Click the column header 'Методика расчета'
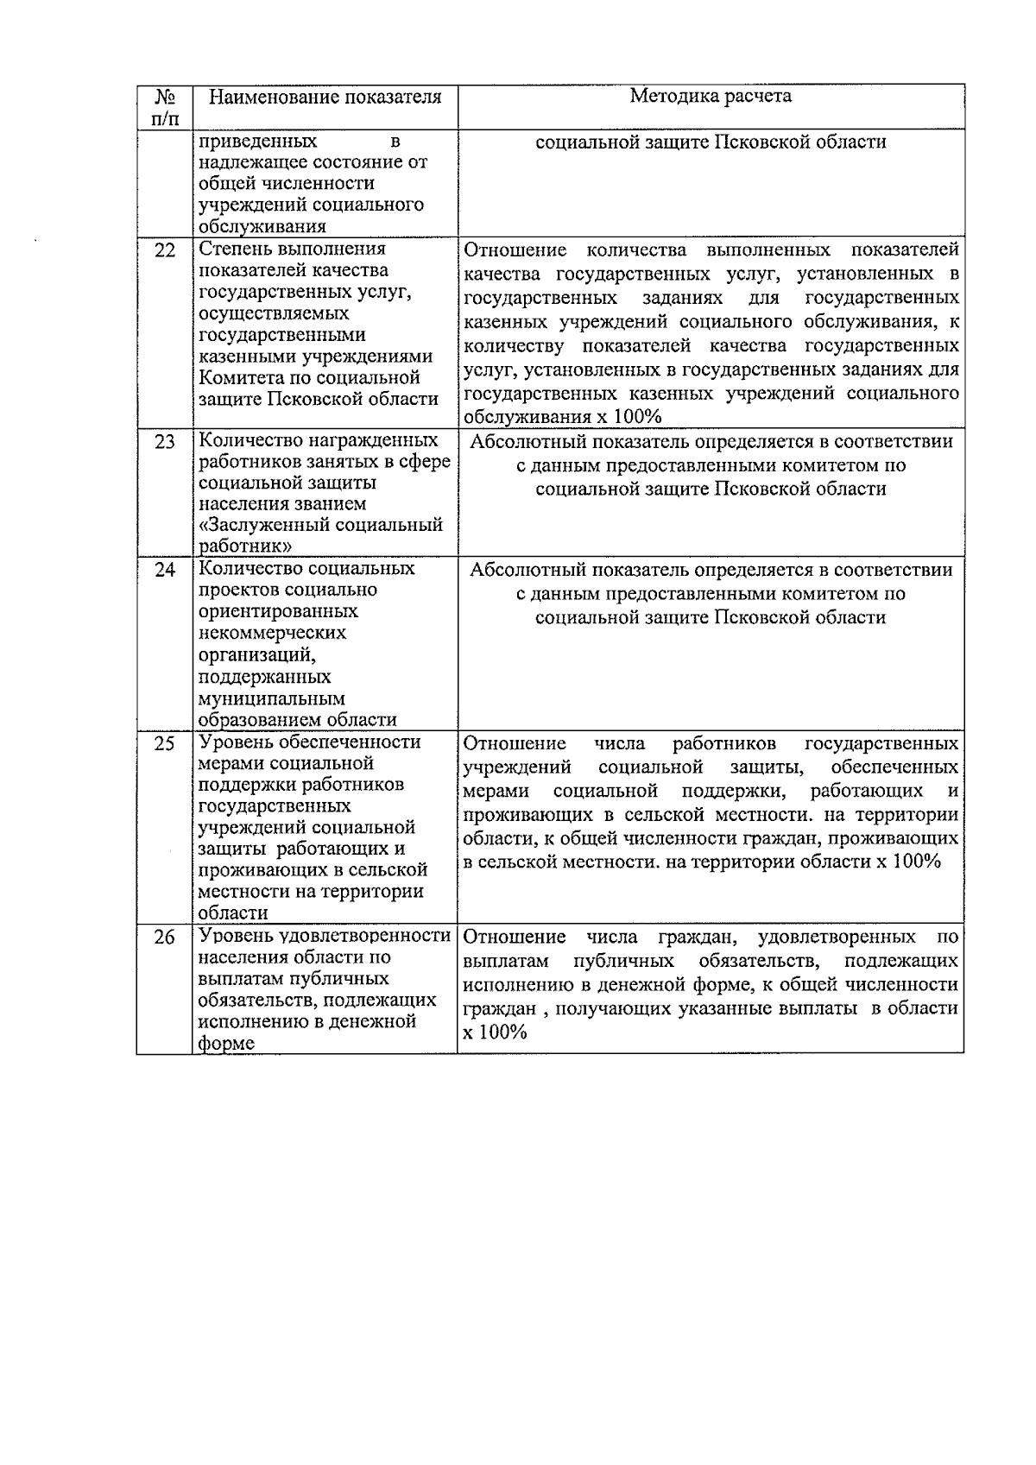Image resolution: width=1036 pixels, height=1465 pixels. coord(710,96)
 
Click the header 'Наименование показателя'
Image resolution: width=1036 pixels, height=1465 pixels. coord(325,97)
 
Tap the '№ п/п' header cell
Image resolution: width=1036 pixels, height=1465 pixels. coord(164,106)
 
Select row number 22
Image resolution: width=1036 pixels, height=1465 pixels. coord(164,250)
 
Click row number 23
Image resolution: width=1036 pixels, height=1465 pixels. coord(164,442)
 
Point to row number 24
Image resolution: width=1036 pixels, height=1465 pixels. coord(164,570)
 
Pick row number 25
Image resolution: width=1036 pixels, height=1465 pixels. coord(164,743)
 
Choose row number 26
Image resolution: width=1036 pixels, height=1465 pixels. coord(164,938)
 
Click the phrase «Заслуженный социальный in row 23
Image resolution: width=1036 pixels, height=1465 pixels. coord(320,525)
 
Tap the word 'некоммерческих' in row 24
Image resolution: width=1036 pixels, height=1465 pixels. coord(272,633)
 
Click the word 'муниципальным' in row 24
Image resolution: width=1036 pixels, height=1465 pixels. coord(271,698)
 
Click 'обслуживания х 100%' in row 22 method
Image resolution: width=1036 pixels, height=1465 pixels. coord(562,417)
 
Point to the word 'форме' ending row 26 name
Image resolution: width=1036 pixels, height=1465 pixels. coord(226,1043)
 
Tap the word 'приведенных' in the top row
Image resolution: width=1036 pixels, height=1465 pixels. coord(257,141)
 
